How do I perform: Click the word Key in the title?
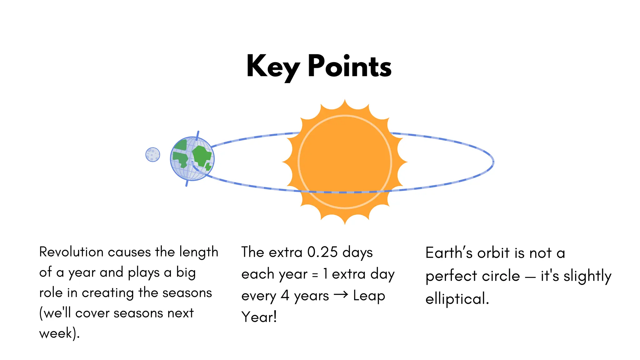tap(272, 67)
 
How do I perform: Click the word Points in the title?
tap(349, 67)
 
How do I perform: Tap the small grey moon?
tap(153, 154)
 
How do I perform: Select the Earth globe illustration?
tap(192, 158)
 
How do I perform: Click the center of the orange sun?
tap(345, 162)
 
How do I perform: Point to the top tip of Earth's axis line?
tap(198, 132)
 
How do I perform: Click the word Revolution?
tap(71, 252)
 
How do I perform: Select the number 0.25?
tap(322, 252)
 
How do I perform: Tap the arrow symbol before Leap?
tap(341, 295)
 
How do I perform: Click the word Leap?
tap(369, 296)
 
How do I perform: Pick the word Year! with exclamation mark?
tap(259, 317)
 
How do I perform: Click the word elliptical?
tap(457, 299)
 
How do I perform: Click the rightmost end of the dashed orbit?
tap(493, 162)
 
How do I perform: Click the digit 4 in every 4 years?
tap(285, 296)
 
